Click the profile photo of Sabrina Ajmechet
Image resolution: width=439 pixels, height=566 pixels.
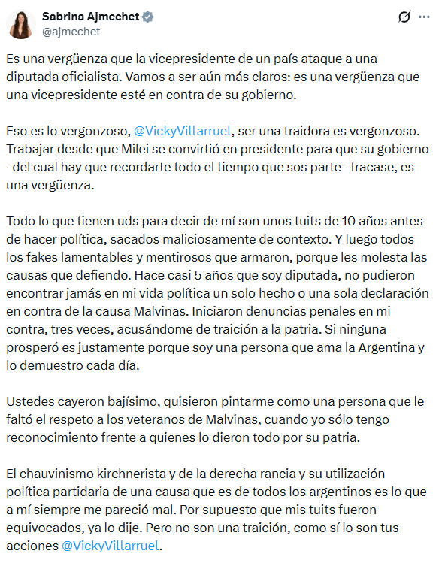click(21, 23)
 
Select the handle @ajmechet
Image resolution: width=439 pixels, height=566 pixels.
click(71, 32)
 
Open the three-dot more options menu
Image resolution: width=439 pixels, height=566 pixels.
click(423, 16)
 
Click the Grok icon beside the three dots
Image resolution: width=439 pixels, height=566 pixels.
click(404, 16)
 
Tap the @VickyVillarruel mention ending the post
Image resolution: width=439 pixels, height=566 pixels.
click(111, 545)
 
